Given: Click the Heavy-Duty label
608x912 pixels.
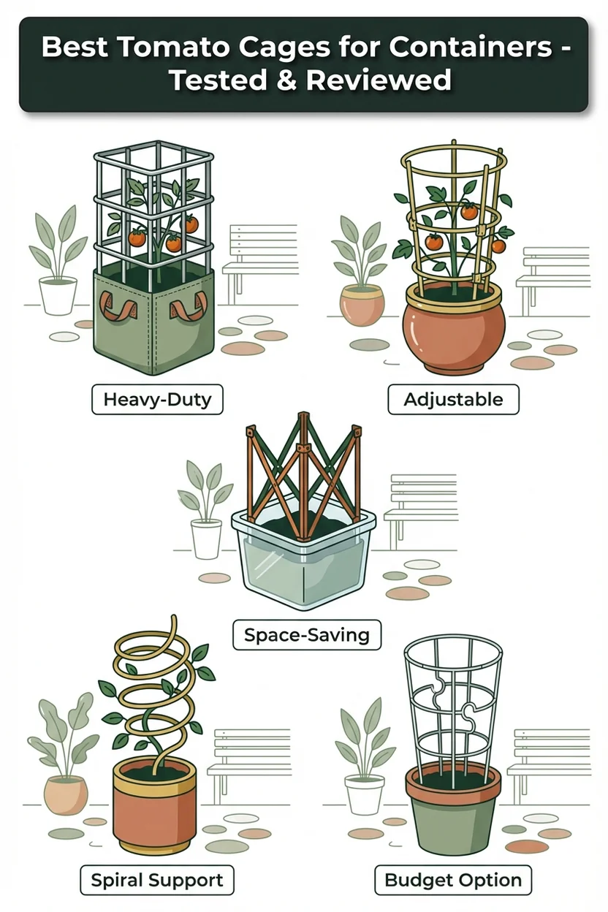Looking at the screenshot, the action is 157,400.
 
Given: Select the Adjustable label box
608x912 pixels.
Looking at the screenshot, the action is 453,400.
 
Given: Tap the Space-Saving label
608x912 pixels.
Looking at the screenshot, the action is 307,635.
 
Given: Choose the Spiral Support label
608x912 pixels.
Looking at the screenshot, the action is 157,879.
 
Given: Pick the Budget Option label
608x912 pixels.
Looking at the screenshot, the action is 453,879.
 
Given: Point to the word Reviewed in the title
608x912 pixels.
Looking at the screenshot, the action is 379,80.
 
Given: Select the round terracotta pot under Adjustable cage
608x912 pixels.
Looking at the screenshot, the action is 454,326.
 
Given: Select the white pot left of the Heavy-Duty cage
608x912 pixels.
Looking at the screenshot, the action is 58,295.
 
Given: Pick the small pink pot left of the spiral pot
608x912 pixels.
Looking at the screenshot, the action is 66,795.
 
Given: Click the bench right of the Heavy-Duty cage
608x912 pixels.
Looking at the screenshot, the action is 261,263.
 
